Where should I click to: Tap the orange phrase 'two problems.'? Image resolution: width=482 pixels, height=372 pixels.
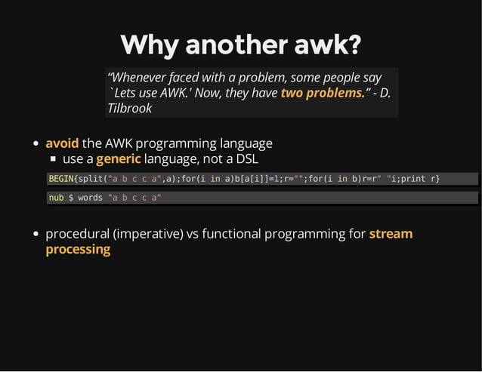coord(323,93)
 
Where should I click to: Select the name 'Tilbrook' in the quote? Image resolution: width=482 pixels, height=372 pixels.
coord(129,108)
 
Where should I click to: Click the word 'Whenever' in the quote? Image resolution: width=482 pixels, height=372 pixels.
coord(141,78)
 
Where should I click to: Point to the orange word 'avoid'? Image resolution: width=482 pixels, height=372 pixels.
coord(62,143)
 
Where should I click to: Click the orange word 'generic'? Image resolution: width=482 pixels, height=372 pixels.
coord(119,159)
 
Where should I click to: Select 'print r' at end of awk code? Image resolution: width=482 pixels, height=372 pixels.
coord(422,179)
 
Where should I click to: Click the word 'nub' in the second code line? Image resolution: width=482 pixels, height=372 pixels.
coord(56,198)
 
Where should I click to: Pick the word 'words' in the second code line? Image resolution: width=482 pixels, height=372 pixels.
coord(90,198)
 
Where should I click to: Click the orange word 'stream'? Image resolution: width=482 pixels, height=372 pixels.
coord(391,233)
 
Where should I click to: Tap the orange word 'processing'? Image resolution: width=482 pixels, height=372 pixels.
coord(78,249)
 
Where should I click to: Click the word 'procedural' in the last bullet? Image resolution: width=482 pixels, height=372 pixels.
coord(76,234)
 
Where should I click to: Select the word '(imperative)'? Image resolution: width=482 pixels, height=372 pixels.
coord(147,234)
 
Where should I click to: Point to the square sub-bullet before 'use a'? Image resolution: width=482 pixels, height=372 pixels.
coord(54,160)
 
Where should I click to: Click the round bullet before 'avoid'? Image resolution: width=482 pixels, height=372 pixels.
coord(36,143)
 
